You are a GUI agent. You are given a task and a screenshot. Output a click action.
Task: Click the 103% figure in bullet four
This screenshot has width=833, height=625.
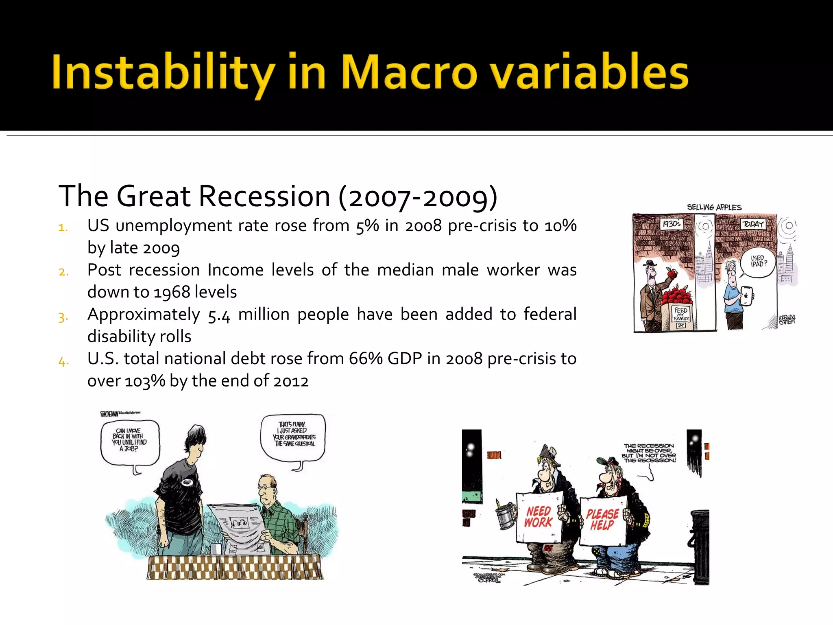tap(145, 381)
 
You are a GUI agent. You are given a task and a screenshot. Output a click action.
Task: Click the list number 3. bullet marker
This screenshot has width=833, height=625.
tap(63, 317)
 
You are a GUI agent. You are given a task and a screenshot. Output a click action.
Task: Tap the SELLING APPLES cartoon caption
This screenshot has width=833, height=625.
tap(714, 207)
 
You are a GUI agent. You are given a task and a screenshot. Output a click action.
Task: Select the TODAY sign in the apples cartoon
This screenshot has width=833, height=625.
tap(753, 224)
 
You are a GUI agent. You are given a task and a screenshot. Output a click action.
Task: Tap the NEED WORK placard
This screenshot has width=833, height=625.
tap(539, 517)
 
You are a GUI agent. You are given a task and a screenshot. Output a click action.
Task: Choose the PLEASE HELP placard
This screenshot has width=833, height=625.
tap(602, 520)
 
